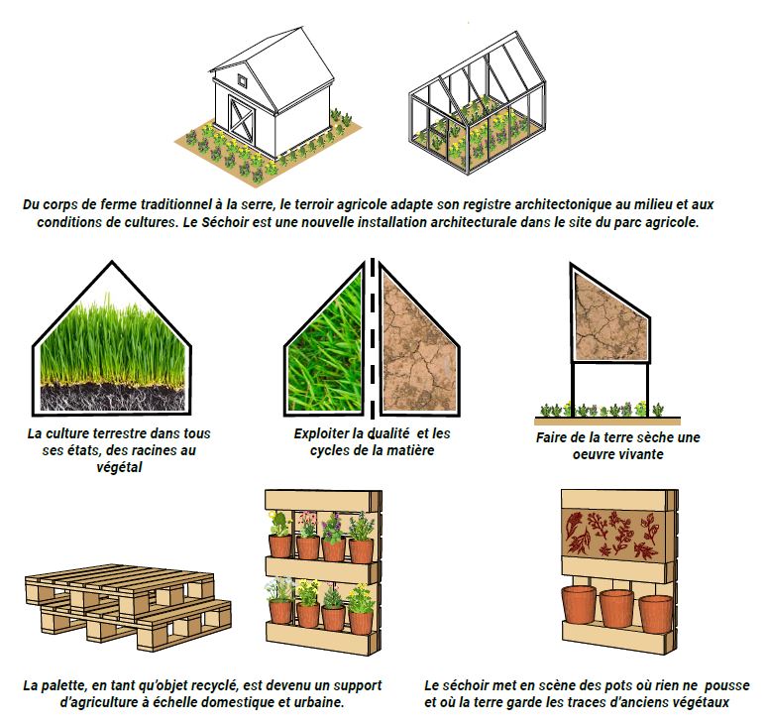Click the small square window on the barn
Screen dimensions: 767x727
tap(243, 79)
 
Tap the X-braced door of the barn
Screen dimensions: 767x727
tap(241, 119)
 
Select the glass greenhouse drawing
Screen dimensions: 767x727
tap(478, 102)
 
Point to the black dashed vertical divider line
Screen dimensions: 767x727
tap(373, 338)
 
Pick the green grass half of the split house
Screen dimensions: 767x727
tap(325, 343)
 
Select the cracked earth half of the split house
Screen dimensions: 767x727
tap(418, 343)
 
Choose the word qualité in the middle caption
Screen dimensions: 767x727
tap(387, 433)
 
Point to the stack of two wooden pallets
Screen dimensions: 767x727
tap(128, 607)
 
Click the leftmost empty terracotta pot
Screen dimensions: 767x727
tap(579, 605)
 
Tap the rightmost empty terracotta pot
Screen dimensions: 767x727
tap(656, 615)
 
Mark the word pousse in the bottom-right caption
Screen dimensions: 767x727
tap(727, 686)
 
